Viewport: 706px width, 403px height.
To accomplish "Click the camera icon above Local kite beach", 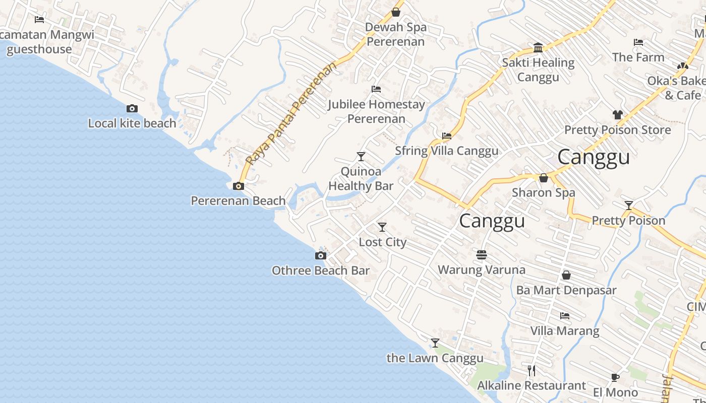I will [132, 108].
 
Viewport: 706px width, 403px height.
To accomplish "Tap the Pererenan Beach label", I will [238, 200].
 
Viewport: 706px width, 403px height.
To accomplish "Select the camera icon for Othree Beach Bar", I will [320, 256].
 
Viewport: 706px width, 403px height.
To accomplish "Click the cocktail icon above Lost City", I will [382, 227].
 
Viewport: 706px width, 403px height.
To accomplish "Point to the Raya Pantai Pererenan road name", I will [290, 114].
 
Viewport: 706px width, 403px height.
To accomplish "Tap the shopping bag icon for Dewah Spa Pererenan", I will [396, 12].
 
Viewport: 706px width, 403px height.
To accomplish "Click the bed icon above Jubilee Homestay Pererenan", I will [376, 89].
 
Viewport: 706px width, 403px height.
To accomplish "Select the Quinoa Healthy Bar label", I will [361, 178].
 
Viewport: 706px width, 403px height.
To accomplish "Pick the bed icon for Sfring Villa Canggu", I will [446, 136].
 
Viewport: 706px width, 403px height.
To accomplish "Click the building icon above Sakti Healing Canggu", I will [538, 48].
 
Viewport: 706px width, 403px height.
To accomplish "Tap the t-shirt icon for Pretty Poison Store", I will [618, 115].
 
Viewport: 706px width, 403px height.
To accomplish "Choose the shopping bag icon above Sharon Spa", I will [543, 178].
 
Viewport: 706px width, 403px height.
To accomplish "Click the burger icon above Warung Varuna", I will [482, 255].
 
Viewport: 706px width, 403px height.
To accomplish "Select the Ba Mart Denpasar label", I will [566, 290].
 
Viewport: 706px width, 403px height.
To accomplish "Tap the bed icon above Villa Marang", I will [565, 316].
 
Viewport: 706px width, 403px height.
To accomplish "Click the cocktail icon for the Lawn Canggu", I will [435, 343].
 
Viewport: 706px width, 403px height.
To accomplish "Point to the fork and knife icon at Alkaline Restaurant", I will [531, 371].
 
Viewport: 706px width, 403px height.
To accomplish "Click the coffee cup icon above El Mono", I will [615, 377].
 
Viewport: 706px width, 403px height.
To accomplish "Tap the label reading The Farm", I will [638, 57].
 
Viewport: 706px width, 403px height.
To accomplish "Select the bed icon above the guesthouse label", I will [39, 20].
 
